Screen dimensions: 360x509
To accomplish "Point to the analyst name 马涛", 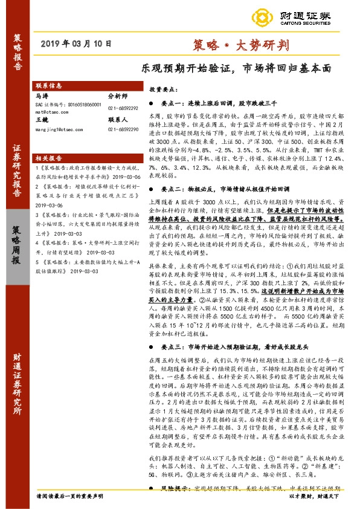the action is click(x=42, y=96).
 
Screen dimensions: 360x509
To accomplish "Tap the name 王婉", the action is click(x=42, y=120).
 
